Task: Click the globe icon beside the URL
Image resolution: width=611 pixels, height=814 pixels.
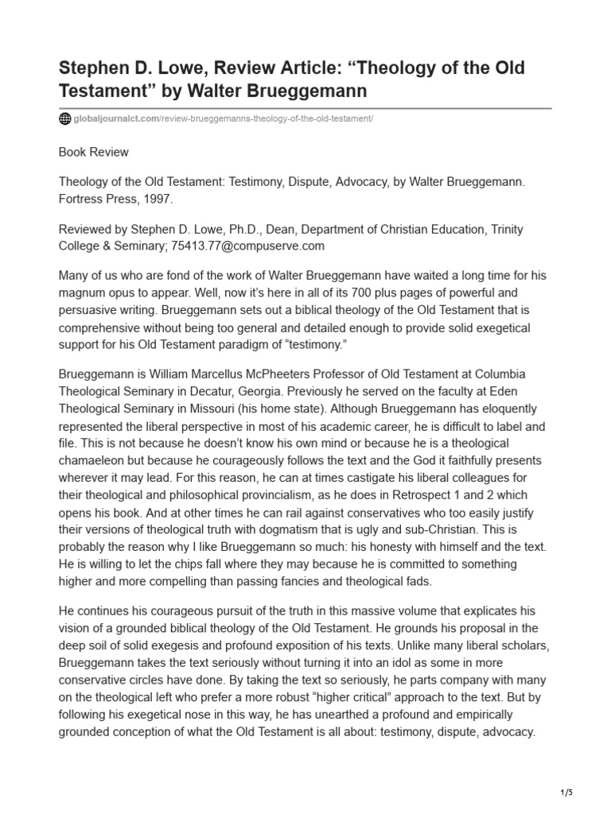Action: tap(64, 119)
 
